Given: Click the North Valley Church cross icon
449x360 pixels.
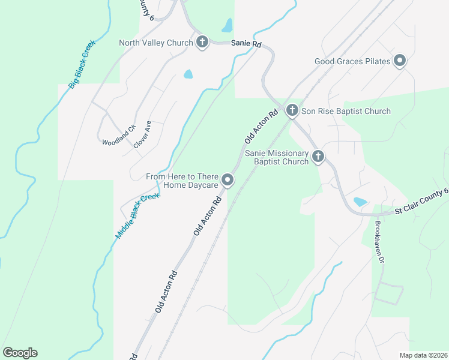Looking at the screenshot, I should coord(202,43).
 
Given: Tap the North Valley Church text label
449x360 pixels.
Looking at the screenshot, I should coord(156,43).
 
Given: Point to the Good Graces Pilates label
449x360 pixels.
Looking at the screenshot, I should coord(353,61).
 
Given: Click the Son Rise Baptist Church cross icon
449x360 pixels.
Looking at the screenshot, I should coord(292,110).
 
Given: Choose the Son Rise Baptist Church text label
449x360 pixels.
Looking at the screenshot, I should coord(346,111).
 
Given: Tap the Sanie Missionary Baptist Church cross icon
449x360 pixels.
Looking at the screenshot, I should coord(318,157).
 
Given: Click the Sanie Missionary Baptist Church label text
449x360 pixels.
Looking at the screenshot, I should coord(277,157).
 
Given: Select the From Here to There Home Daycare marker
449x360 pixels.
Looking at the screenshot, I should coord(228,180).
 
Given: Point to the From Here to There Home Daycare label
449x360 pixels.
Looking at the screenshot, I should coord(182,181).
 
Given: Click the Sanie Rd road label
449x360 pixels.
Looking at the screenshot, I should coord(247,44).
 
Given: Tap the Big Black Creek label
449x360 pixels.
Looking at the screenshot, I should coord(82,64).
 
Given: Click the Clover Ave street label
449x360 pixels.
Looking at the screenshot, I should coord(142,134).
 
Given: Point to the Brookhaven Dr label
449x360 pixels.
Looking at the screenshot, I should coord(379,242).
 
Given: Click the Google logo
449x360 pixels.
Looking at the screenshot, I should coord(20,353).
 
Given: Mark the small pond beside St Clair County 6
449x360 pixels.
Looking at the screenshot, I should coord(360,202).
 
